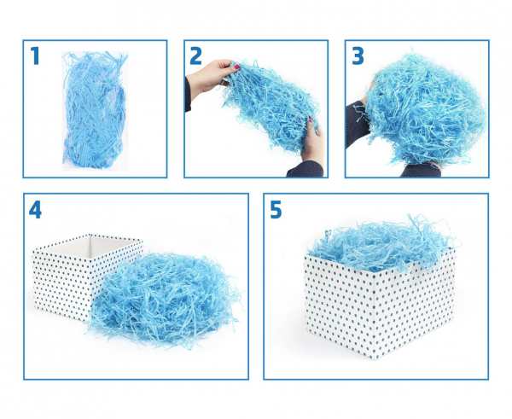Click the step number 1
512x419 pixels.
35,55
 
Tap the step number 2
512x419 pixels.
195,55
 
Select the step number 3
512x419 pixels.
358,55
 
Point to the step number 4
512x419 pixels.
35,209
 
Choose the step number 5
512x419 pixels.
276,209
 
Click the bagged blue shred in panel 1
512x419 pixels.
95,110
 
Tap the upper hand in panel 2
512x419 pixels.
211,76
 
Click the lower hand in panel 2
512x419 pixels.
313,142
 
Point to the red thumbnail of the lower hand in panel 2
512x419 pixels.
311,119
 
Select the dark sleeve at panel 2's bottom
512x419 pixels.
305,170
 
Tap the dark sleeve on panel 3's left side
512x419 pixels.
357,123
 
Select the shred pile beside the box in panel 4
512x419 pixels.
165,299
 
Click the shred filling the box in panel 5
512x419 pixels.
384,241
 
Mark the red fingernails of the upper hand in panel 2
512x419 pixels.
236,67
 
